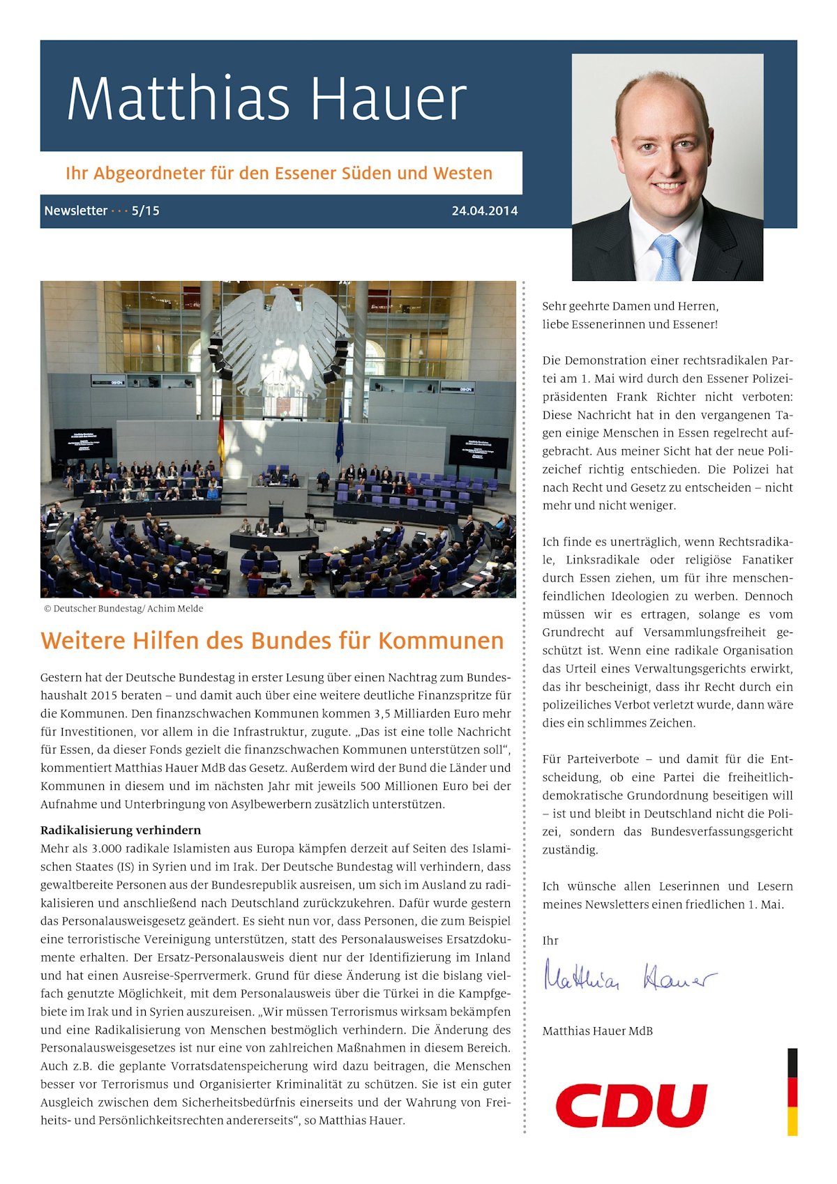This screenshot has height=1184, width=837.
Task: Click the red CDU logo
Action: [631, 1105]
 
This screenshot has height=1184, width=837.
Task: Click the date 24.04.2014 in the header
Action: [484, 211]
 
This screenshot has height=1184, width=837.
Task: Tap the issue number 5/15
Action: [145, 211]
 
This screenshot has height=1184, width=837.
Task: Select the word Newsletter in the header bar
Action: [76, 211]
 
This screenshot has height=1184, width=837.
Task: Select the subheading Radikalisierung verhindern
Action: [121, 830]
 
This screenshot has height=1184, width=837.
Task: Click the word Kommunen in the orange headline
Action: [441, 640]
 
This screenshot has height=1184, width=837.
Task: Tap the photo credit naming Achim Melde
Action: [123, 609]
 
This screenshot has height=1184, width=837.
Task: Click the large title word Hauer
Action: [388, 99]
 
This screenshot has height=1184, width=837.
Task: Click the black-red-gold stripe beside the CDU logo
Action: [792, 1091]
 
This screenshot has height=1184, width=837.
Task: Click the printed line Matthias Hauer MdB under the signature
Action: [597, 1031]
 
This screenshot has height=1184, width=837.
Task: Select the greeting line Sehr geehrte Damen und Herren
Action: [630, 306]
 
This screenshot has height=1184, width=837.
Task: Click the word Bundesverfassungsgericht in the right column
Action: [722, 832]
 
